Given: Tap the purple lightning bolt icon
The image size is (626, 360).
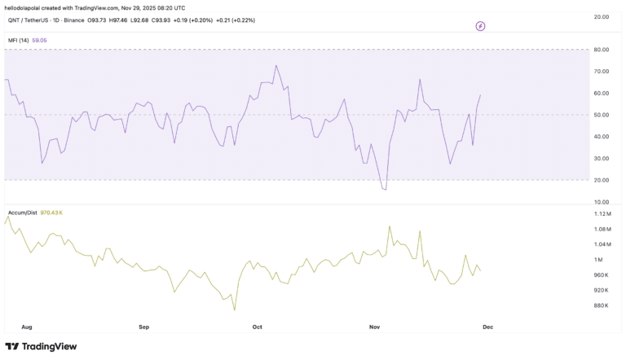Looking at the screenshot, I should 480,26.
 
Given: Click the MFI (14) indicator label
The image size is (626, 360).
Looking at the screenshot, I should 18,40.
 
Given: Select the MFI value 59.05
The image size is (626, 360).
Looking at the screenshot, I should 39,40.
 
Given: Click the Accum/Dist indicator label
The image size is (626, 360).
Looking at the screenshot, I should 21,212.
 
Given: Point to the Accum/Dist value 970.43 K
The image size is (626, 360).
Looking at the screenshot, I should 51,212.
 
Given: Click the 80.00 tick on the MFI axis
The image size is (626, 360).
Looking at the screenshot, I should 602,50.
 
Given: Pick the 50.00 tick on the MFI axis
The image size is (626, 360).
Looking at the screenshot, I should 602,115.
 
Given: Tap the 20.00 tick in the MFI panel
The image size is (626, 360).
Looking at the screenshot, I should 602,180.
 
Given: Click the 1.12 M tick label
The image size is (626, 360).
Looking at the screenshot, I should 602,213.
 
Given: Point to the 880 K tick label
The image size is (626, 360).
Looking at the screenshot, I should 601,305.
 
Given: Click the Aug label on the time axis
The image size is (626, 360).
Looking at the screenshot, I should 27,327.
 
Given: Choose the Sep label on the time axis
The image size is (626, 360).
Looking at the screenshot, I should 143,327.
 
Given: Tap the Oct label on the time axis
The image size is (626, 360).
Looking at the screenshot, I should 257,327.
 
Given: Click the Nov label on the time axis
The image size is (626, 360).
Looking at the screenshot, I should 374,327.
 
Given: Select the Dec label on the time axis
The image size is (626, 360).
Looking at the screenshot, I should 487,327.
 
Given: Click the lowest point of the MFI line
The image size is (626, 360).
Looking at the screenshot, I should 385,190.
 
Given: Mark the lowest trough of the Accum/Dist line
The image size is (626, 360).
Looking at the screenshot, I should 234,310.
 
